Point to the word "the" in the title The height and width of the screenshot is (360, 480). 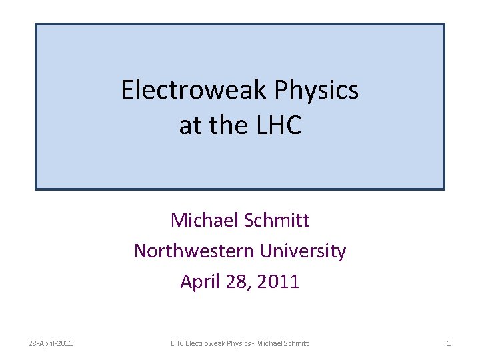coord(224,125)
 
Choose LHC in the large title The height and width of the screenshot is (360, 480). coord(276,125)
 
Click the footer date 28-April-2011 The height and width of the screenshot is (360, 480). coord(51,343)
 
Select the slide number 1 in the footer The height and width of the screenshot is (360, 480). coord(449,343)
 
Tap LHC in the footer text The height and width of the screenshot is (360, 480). coord(177,343)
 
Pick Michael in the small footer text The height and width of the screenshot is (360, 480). coord(273,343)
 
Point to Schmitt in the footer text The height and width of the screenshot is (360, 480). coord(298,343)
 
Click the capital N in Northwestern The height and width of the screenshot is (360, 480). coord(139,251)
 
